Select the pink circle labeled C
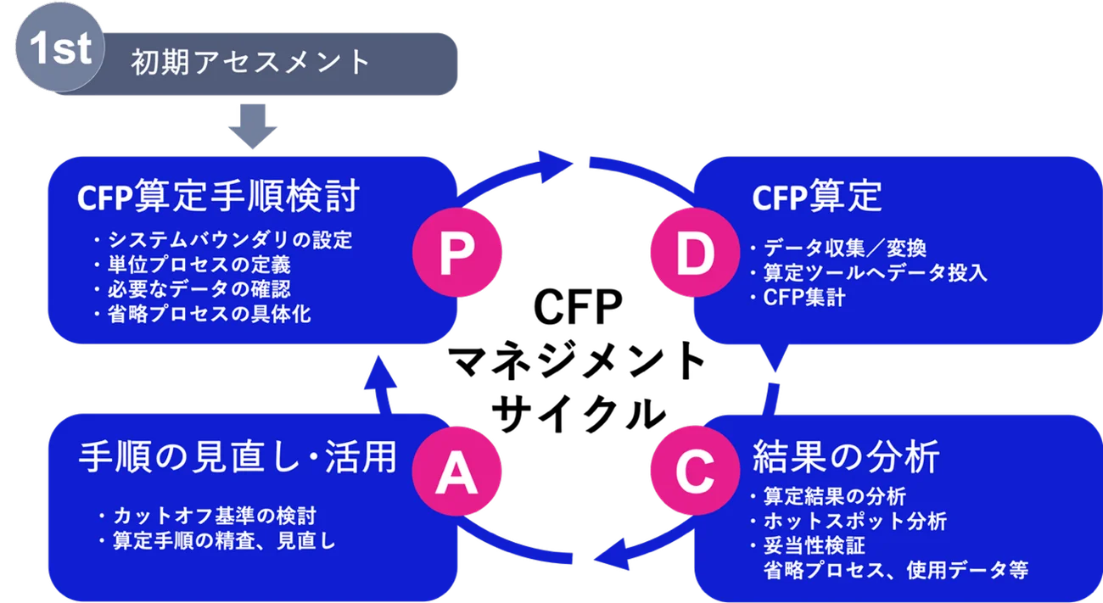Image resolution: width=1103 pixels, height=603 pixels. (695, 472)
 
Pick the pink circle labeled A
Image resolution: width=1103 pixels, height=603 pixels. (456, 472)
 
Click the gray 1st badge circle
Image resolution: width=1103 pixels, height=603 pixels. (59, 51)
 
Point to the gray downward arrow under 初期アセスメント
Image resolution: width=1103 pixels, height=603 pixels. (253, 126)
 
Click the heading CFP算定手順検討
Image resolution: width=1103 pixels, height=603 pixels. (218, 198)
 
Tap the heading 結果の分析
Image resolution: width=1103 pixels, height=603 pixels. (845, 457)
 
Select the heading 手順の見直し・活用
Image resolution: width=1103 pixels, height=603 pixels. (237, 457)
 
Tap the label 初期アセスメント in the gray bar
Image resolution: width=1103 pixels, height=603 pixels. (250, 63)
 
